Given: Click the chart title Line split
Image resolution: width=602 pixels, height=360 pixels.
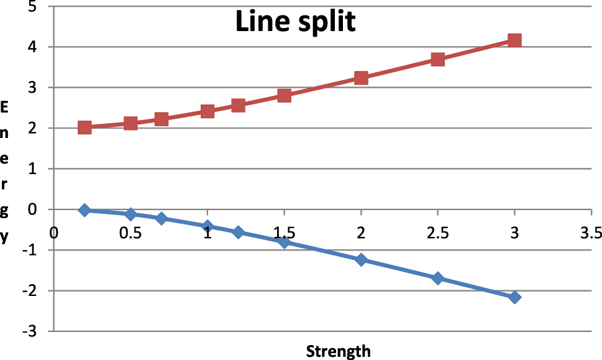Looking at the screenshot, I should (x=295, y=22).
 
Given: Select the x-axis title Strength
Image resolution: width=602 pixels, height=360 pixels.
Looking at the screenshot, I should (x=338, y=351).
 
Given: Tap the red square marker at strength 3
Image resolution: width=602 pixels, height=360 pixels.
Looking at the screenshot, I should (x=514, y=40).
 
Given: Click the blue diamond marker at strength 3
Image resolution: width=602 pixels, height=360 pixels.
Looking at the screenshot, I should (x=514, y=297).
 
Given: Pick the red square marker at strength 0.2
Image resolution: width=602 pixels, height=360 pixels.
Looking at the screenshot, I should (x=84, y=127).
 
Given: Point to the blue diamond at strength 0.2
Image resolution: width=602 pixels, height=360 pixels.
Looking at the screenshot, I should (x=84, y=210).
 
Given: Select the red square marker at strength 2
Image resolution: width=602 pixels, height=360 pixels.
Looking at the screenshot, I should (x=361, y=78).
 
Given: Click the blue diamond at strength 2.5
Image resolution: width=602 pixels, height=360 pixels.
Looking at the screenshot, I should (x=437, y=278).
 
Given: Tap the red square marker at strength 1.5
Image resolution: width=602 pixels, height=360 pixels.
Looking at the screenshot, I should (x=284, y=95).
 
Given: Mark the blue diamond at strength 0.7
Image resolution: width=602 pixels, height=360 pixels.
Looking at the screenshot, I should (x=162, y=218).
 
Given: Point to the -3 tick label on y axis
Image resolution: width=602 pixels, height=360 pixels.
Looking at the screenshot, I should (x=29, y=331).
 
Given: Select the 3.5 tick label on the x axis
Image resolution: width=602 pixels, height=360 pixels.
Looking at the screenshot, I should (x=590, y=233).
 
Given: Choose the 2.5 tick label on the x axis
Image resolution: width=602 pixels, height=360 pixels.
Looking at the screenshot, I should (x=437, y=233).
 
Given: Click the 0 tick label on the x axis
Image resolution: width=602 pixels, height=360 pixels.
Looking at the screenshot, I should (x=54, y=233).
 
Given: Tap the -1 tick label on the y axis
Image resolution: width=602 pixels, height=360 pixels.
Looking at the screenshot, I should (x=29, y=250).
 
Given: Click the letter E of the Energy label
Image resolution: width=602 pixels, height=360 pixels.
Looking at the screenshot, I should (x=5, y=108).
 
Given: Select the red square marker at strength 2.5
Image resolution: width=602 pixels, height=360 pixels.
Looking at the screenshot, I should (x=437, y=59).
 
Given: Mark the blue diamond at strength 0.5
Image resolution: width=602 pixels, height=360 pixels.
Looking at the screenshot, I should (x=130, y=215).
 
